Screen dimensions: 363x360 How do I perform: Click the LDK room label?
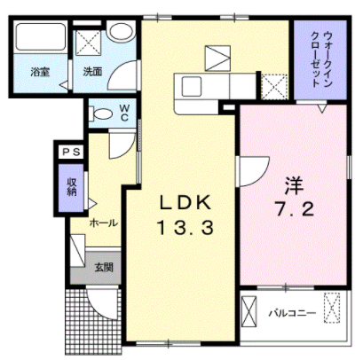pos(185,203)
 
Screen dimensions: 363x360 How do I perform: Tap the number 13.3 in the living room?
pos(185,228)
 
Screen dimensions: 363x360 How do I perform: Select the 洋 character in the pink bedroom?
pos(294,185)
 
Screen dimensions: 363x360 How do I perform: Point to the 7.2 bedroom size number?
pos(295,209)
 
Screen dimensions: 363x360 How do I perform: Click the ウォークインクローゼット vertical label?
pos(321,59)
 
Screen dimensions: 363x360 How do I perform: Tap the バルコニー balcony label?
pos(292,313)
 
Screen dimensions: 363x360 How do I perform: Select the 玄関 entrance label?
pos(104,268)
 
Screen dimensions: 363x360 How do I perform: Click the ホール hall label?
pos(103,223)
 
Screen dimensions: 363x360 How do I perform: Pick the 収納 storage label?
pos(72,187)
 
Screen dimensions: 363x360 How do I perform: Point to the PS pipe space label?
pos(71,153)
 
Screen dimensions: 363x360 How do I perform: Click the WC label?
pos(124,113)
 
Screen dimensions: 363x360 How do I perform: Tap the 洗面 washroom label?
pos(92,72)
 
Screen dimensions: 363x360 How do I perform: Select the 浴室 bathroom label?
pos(40,72)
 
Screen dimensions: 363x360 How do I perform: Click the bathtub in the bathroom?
pos(40,36)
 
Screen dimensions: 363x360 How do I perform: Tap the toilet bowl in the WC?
pos(101,114)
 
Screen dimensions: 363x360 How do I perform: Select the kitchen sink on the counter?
pos(192,86)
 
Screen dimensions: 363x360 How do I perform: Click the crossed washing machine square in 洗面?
pos(88,43)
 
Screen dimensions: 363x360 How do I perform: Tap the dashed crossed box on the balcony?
pos(332,308)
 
